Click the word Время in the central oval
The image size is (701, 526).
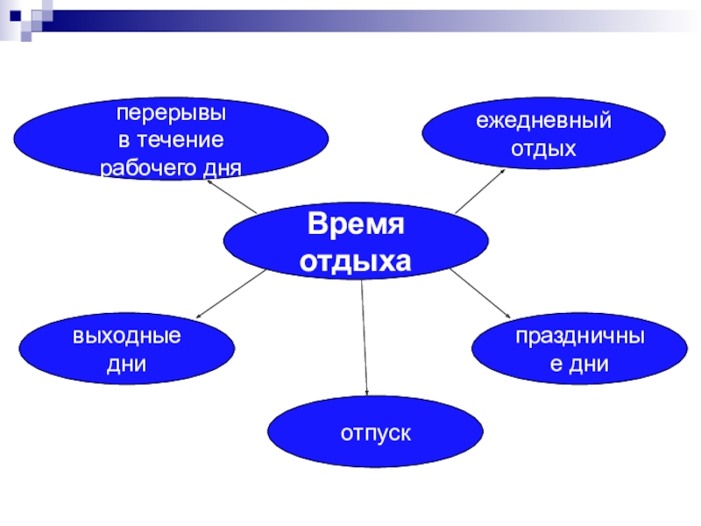pyautogui.click(x=355, y=226)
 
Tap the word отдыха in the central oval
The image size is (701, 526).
pyautogui.click(x=355, y=260)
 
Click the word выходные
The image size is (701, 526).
pyautogui.click(x=127, y=336)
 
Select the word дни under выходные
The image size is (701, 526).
pyautogui.click(x=126, y=363)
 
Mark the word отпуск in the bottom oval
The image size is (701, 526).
pyautogui.click(x=375, y=432)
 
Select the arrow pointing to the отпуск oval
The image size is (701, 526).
pyautogui.click(x=364, y=338)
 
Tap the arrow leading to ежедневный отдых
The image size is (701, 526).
pyautogui.click(x=480, y=190)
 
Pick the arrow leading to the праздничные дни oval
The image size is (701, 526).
pyautogui.click(x=480, y=293)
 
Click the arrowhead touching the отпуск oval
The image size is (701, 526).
pyautogui.click(x=366, y=394)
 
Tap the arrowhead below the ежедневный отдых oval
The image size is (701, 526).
pyautogui.click(x=503, y=170)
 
